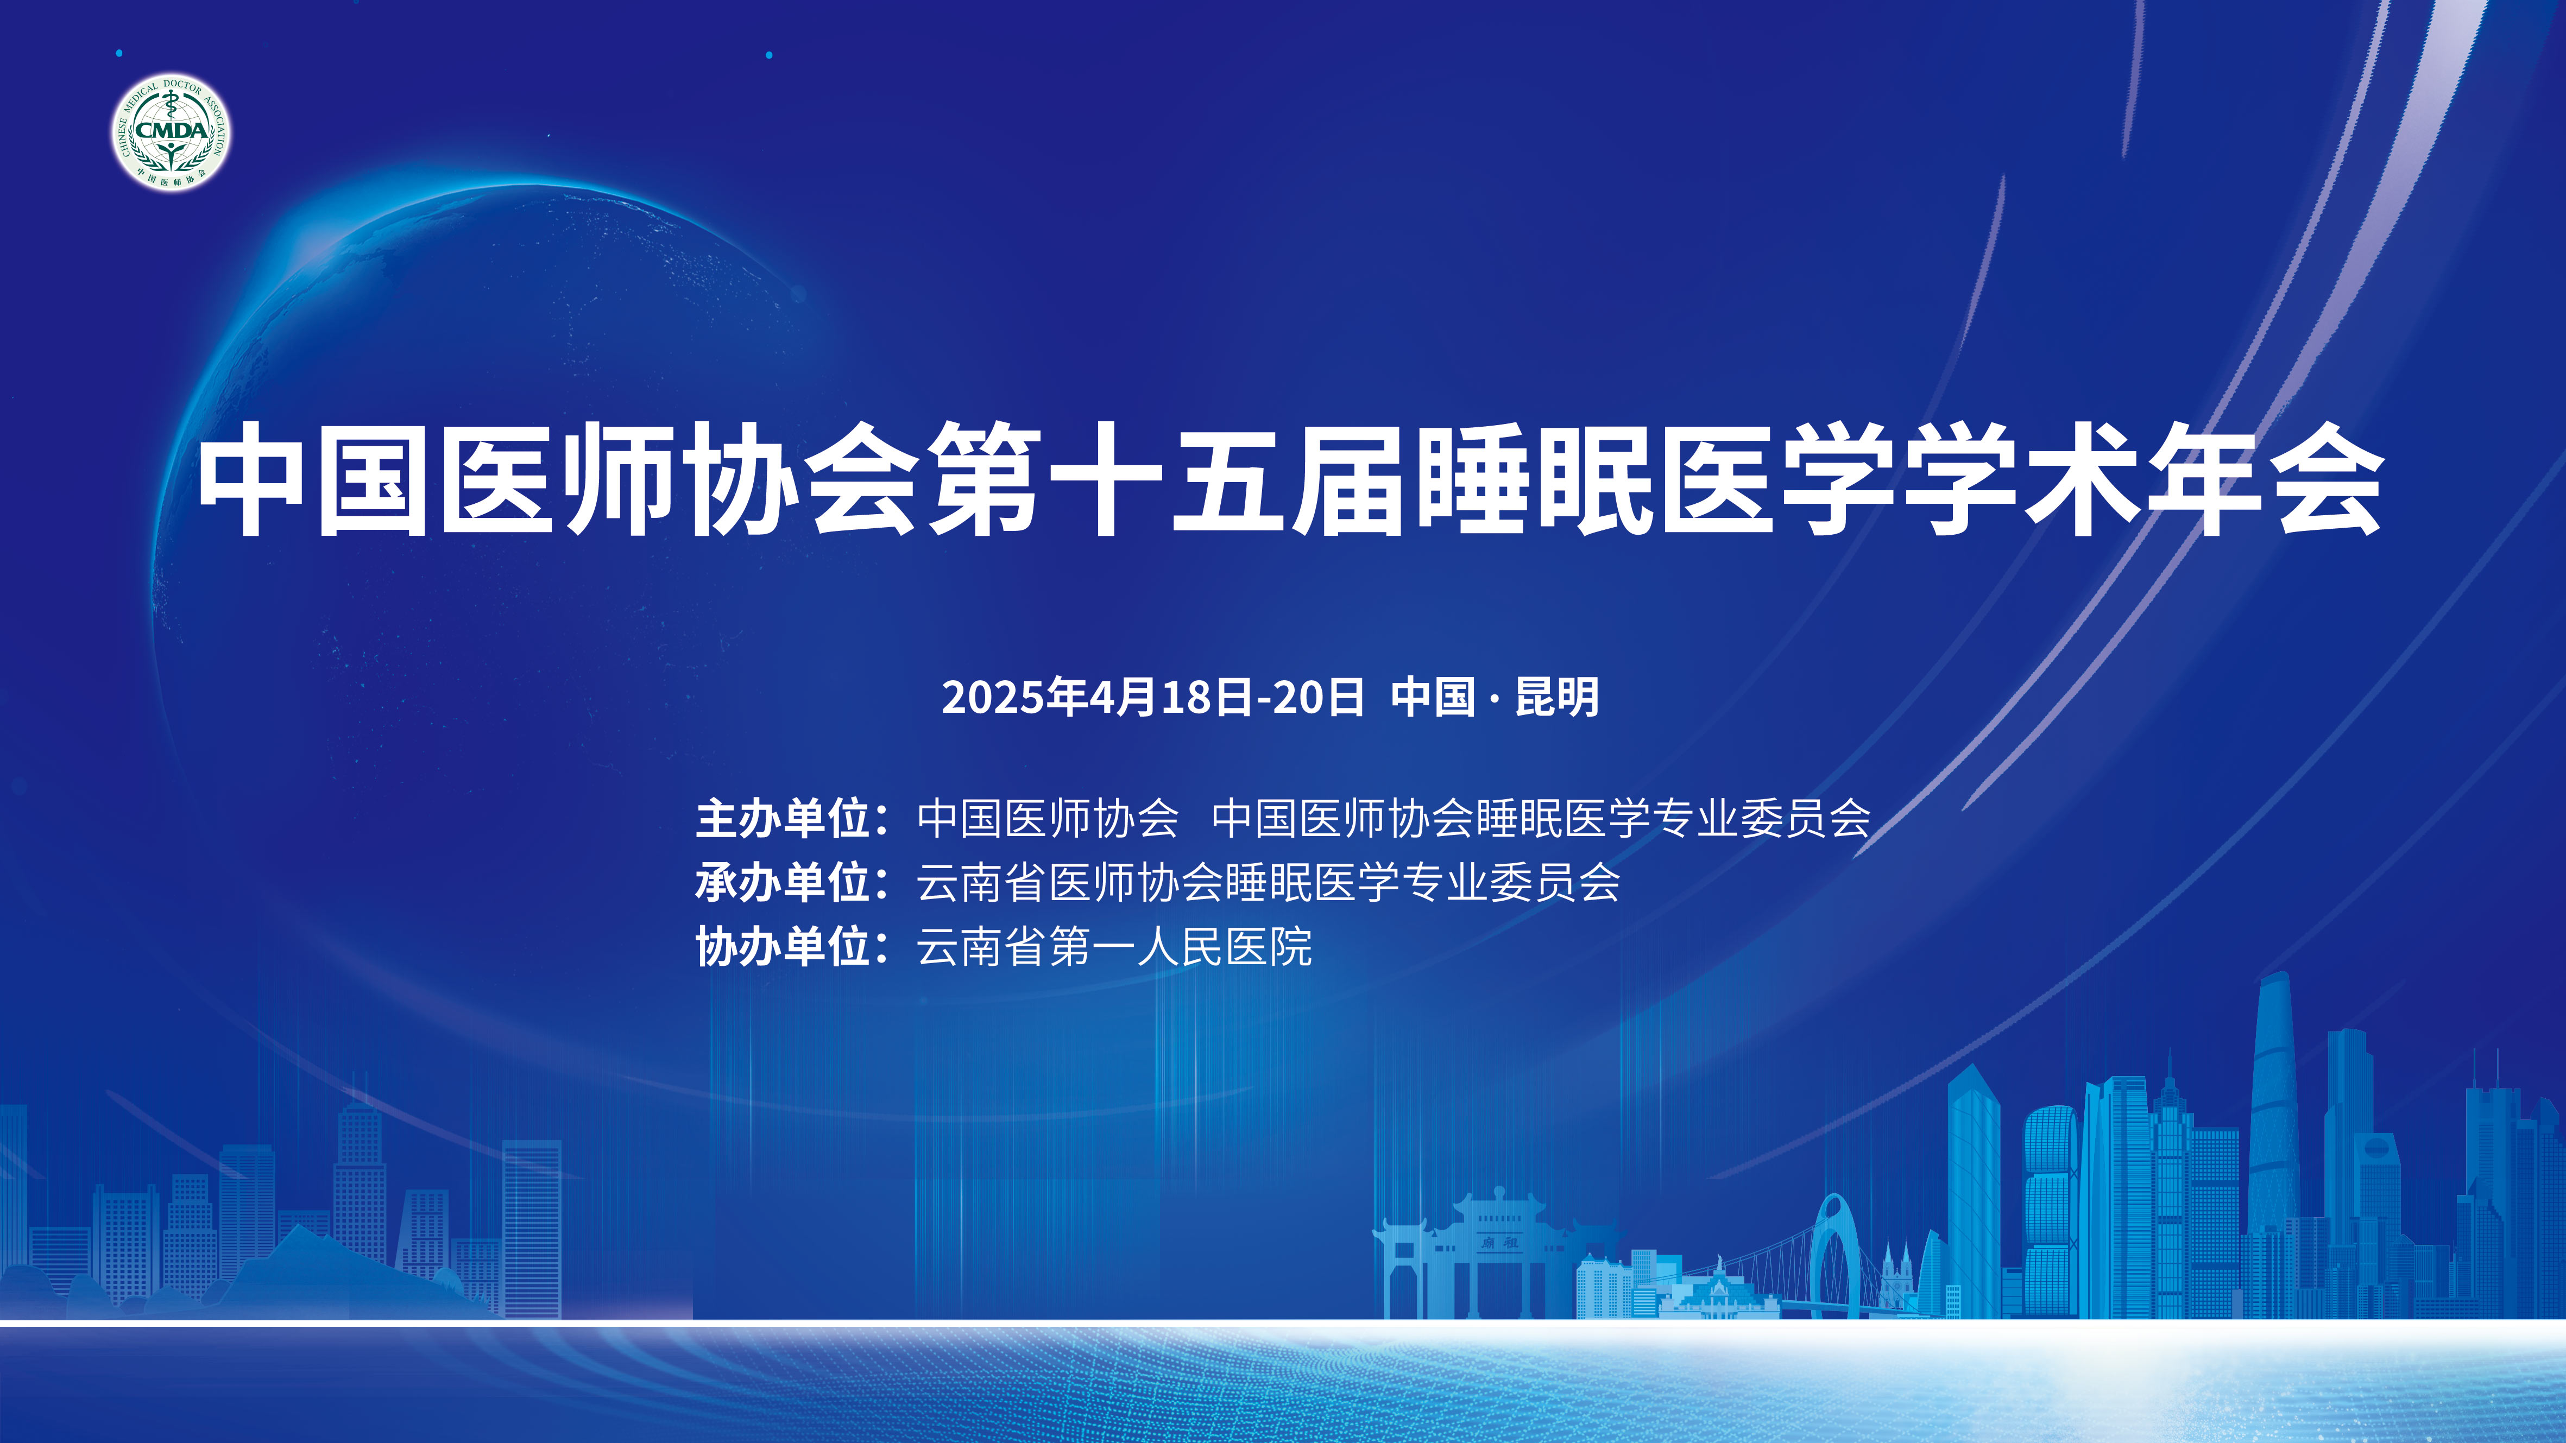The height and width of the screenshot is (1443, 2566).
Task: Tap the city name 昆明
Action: pos(1557,697)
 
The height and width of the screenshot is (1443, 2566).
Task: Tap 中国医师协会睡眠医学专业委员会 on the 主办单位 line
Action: pos(1541,819)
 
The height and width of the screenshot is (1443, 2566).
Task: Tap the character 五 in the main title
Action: pos(1228,478)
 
